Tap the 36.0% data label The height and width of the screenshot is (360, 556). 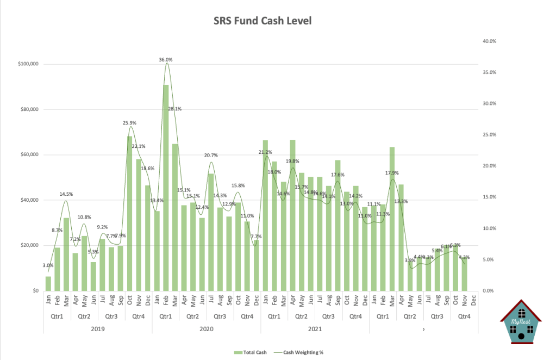coord(166,60)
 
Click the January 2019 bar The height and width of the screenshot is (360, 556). coord(48,283)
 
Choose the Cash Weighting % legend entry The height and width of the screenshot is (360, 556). coord(305,352)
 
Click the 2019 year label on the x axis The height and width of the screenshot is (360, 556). coord(98,329)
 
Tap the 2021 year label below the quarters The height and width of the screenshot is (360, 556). coord(315,329)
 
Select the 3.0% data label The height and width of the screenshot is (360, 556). coord(48,265)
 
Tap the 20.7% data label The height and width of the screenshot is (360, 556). coord(211,156)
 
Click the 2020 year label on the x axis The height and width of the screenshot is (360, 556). coord(206,329)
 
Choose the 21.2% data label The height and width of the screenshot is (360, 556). coord(265,152)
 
